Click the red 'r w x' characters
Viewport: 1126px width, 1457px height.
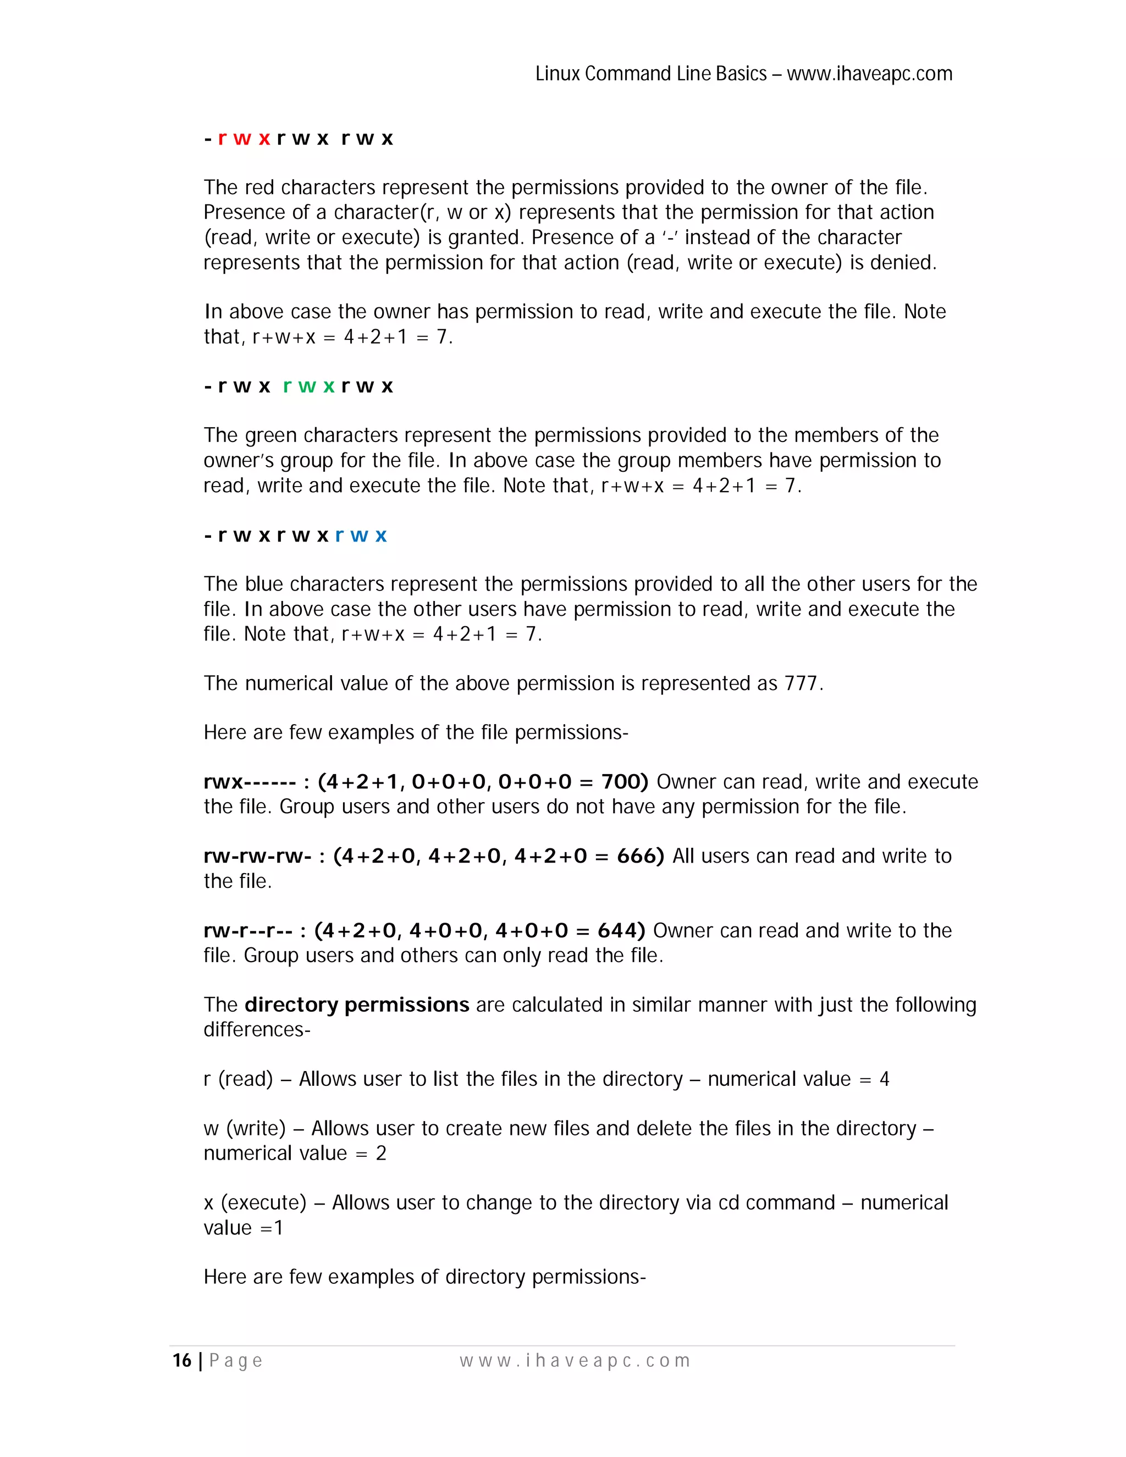pos(244,139)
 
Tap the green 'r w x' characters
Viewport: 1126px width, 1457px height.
pos(308,387)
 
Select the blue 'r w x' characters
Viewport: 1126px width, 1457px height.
pos(360,535)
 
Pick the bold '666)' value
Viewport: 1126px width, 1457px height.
pos(640,856)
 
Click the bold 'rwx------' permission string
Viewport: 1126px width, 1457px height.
pos(250,781)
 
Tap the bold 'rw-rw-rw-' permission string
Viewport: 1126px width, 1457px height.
pos(257,856)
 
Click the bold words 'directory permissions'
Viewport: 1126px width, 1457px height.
pos(357,1005)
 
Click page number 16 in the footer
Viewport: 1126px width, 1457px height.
pos(182,1361)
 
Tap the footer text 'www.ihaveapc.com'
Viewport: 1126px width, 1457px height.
pos(575,1361)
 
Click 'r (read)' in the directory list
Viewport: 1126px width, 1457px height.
pos(238,1079)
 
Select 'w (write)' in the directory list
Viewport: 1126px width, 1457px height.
pos(244,1128)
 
